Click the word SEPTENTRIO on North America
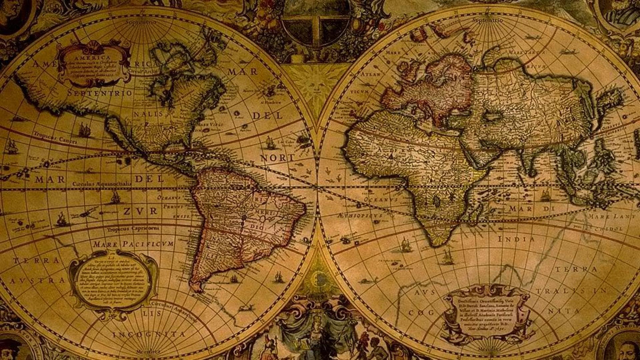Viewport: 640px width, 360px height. click(100, 93)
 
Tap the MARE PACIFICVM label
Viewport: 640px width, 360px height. click(133, 244)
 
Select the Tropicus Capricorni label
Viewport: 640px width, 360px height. click(133, 229)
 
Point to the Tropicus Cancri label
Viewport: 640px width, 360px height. click(55, 137)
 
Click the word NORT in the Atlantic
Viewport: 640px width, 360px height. click(277, 158)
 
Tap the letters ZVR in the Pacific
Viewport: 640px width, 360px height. click(140, 211)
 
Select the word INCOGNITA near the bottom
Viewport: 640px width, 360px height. click(149, 334)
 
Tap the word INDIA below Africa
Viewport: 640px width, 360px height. click(516, 239)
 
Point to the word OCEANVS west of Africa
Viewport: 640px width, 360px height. click(381, 199)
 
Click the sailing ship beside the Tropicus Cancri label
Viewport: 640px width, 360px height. click(84, 129)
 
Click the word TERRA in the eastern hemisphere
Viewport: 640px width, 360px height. click(576, 269)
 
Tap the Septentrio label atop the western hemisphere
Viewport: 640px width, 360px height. click(141, 22)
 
